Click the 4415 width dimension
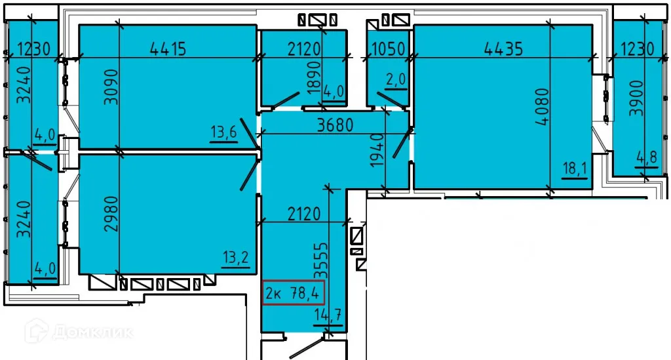pyautogui.click(x=168, y=48)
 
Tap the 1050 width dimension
pyautogui.click(x=389, y=48)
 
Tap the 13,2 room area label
pyautogui.click(x=236, y=256)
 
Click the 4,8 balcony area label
pyautogui.click(x=646, y=157)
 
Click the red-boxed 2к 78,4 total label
pyautogui.click(x=294, y=292)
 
